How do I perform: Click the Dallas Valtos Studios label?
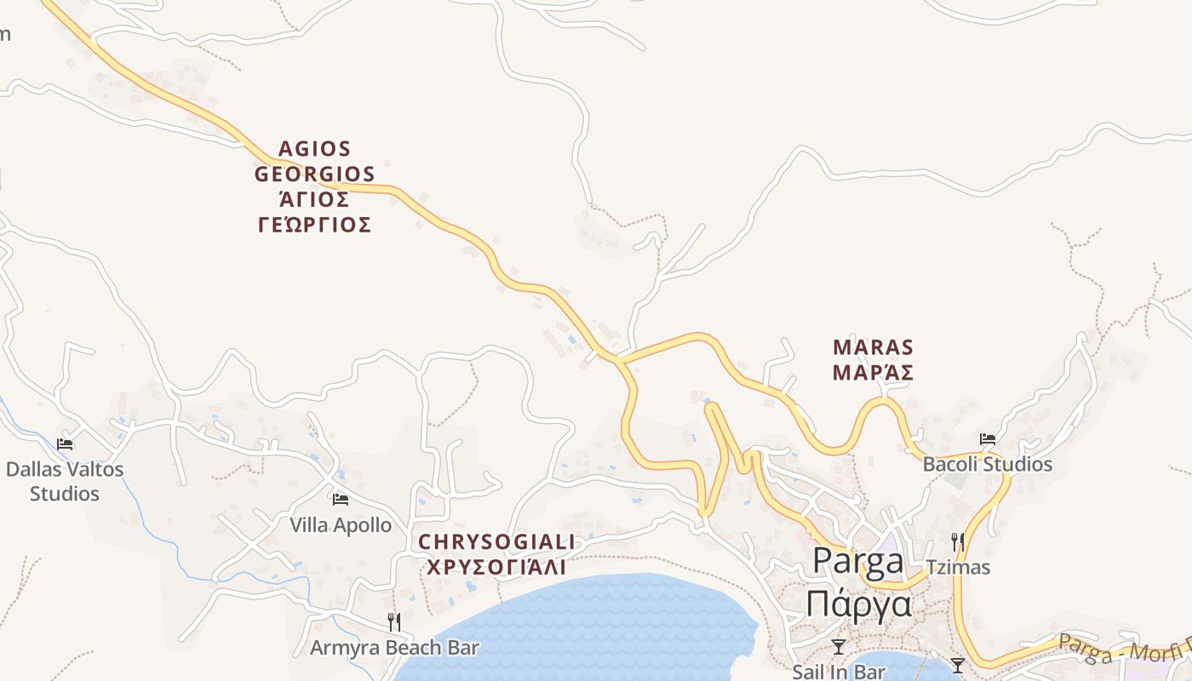point(65,481)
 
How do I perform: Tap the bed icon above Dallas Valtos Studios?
point(65,444)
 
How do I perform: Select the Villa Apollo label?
point(341,525)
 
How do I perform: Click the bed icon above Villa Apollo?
point(341,499)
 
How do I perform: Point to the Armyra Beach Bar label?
point(394,648)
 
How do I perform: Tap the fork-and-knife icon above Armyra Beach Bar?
point(393,621)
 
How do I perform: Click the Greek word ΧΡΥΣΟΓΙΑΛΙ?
point(496,567)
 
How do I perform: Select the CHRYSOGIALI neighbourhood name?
point(496,542)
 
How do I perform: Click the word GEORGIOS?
point(315,175)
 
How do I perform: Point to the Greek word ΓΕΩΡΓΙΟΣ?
point(315,225)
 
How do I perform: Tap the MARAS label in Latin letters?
point(873,347)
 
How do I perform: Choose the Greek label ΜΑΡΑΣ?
point(873,372)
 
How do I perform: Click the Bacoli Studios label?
point(988,465)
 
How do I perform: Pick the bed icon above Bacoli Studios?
point(988,439)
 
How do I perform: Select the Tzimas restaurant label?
point(958,567)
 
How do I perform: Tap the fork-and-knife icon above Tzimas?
point(958,541)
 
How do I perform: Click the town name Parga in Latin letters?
point(858,561)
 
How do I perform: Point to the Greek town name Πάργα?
point(858,604)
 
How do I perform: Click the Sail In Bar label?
point(839,672)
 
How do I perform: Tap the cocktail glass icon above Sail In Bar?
point(839,647)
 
